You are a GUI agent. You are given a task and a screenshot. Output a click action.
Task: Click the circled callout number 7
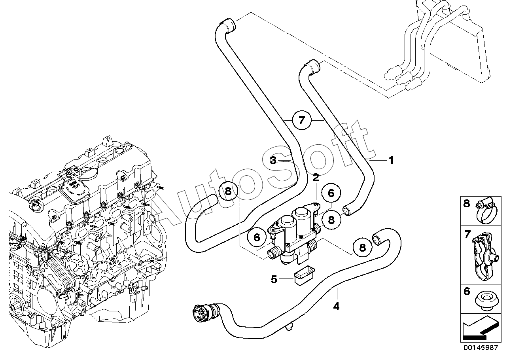click(x=301, y=120)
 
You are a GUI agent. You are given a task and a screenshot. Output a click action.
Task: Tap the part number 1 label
click(x=391, y=161)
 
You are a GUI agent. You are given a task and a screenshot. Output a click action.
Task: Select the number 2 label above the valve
click(x=316, y=178)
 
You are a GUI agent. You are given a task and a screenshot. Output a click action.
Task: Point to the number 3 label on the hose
click(x=273, y=160)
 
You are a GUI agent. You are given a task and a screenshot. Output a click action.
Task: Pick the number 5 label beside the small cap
click(x=274, y=279)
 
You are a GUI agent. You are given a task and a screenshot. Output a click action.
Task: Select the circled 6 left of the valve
click(x=257, y=237)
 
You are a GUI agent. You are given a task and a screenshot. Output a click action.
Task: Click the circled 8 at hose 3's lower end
click(x=228, y=191)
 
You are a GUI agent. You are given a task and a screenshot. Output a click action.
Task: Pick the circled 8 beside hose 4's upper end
click(x=362, y=247)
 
